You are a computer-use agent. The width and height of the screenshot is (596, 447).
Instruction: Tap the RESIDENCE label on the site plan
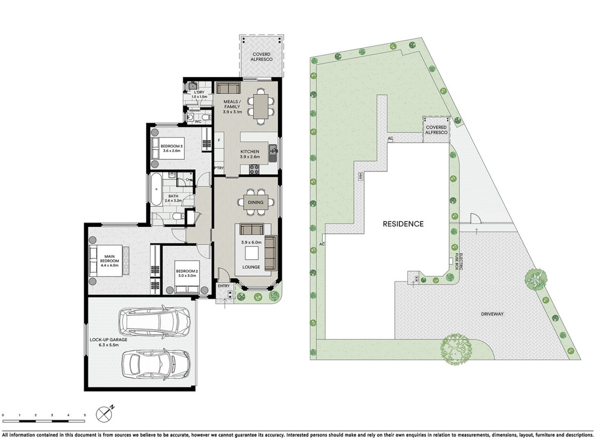click(403, 224)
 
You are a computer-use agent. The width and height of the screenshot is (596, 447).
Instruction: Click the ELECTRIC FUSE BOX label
click(459, 262)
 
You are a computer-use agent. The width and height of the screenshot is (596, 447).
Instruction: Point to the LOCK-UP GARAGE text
click(109, 340)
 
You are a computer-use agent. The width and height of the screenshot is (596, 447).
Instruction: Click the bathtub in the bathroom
click(156, 189)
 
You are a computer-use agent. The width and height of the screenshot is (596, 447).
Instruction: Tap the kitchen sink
click(273, 153)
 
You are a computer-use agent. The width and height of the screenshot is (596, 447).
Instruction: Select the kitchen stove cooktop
click(254, 169)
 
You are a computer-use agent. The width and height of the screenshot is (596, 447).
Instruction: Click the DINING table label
click(255, 202)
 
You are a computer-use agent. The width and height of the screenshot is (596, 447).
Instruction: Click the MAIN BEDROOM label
click(110, 259)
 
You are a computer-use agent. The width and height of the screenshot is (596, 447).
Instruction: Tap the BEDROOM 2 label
click(187, 271)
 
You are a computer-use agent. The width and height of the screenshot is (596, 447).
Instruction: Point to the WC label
click(198, 121)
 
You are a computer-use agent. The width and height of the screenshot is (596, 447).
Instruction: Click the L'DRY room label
click(199, 92)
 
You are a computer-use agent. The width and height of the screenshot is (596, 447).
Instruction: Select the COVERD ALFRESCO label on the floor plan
click(261, 57)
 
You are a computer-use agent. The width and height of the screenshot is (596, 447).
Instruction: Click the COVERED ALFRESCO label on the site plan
click(436, 130)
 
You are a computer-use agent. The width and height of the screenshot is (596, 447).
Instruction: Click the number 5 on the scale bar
click(85, 415)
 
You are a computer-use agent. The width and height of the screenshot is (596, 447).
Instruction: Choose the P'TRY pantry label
click(219, 168)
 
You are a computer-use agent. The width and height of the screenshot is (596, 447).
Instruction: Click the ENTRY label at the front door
click(223, 286)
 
